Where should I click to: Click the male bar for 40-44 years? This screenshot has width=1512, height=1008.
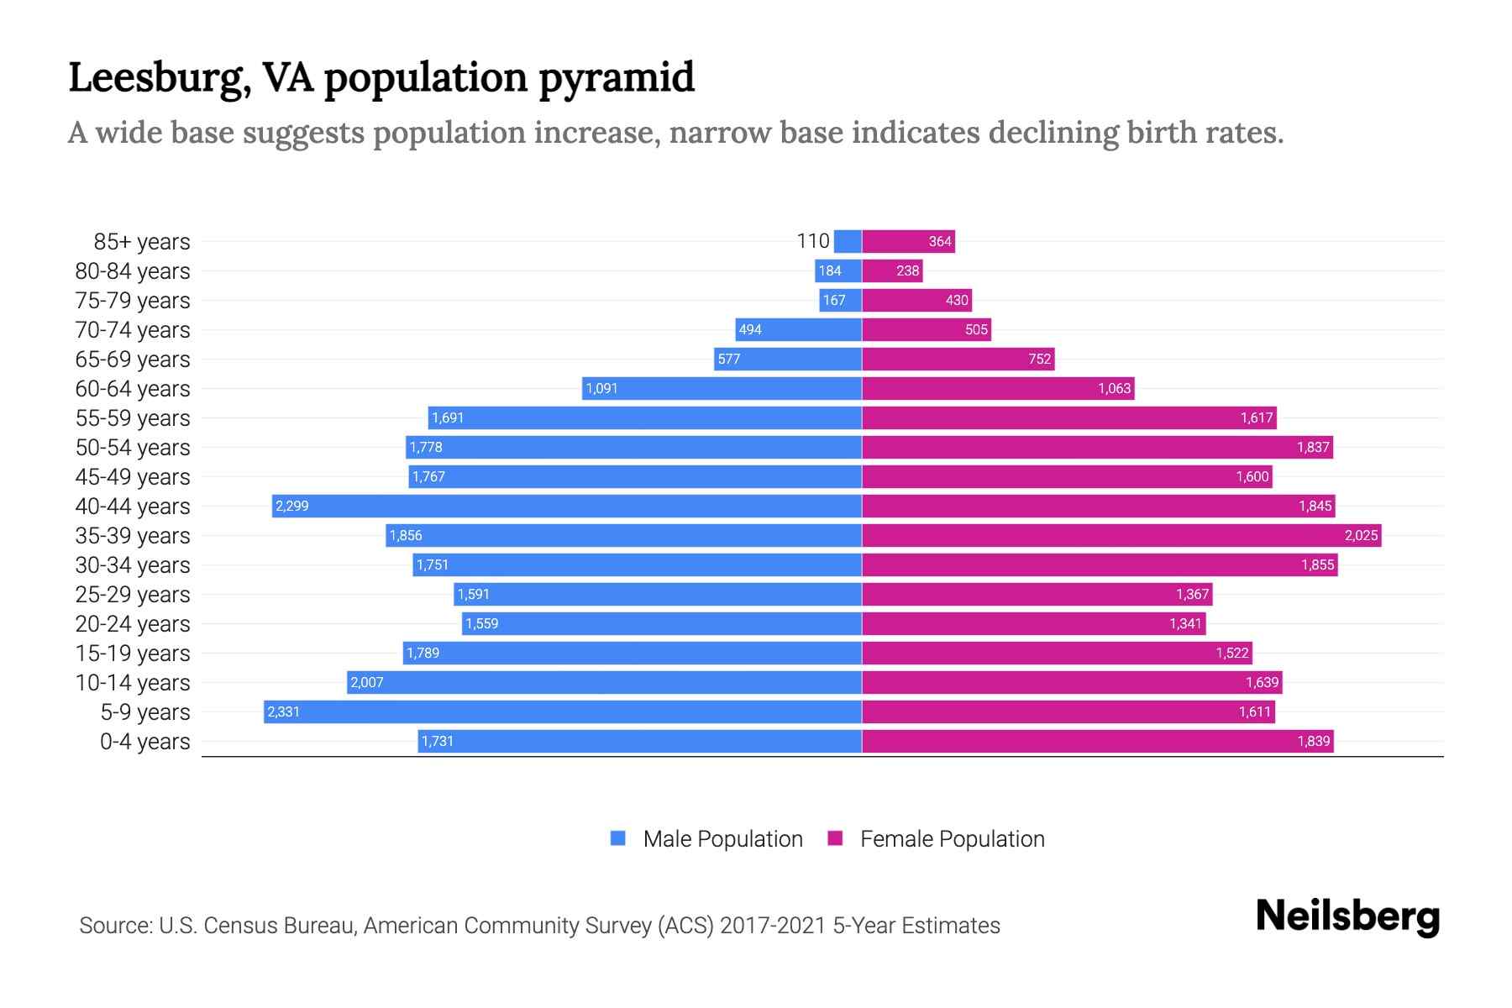click(567, 506)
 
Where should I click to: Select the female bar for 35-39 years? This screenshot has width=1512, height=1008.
click(1121, 535)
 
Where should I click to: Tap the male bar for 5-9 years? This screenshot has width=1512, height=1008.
click(563, 711)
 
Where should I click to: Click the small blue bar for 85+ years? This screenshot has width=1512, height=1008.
click(848, 241)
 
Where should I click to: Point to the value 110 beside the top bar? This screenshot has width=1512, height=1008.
click(812, 241)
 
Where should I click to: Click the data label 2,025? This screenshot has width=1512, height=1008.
click(1361, 535)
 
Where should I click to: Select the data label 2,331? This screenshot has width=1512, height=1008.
click(283, 711)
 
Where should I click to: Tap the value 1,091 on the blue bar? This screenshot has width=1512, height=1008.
click(601, 388)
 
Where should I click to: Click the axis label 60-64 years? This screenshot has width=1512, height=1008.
click(133, 388)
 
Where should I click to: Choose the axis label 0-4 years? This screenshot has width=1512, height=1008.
click(144, 741)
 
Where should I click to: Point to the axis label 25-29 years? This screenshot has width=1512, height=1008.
click(133, 594)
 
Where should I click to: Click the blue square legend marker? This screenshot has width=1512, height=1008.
click(618, 838)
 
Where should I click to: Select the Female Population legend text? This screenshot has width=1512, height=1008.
click(952, 838)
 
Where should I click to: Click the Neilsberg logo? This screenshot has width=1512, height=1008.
click(1347, 916)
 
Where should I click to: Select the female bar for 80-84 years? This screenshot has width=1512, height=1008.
click(892, 270)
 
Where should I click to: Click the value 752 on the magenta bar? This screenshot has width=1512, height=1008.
click(1039, 359)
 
